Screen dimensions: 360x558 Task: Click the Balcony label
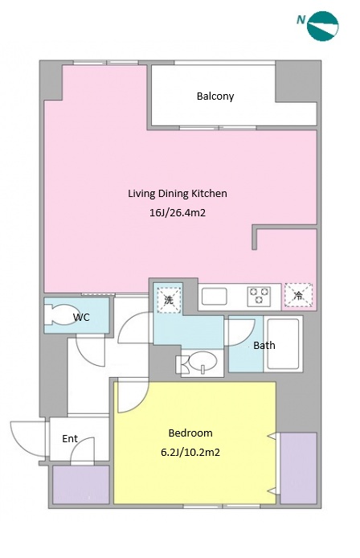pos(215,96)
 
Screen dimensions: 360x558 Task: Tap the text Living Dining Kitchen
pos(178,194)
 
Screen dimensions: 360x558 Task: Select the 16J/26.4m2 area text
pos(178,213)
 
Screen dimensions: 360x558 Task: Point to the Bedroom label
pos(190,433)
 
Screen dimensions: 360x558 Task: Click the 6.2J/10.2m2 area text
pos(190,453)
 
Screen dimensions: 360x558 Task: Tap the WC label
pos(81,317)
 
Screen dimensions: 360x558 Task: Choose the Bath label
pos(264,345)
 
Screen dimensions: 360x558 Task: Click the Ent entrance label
pos(70,439)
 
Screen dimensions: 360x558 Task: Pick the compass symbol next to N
pos(323,26)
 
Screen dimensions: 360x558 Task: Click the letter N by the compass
pos(301,20)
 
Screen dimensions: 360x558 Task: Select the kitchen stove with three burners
pos(259,297)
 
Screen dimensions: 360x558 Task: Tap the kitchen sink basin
pos(215,297)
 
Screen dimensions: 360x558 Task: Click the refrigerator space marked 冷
pos(299,295)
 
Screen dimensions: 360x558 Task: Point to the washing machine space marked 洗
pos(168,300)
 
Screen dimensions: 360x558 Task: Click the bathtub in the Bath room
pos(283,344)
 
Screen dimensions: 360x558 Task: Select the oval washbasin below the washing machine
pos(202,362)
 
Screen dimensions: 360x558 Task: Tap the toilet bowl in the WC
pos(59,314)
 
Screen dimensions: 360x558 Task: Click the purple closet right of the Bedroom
pos(298,468)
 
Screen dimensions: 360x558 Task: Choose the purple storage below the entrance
pos(81,484)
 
